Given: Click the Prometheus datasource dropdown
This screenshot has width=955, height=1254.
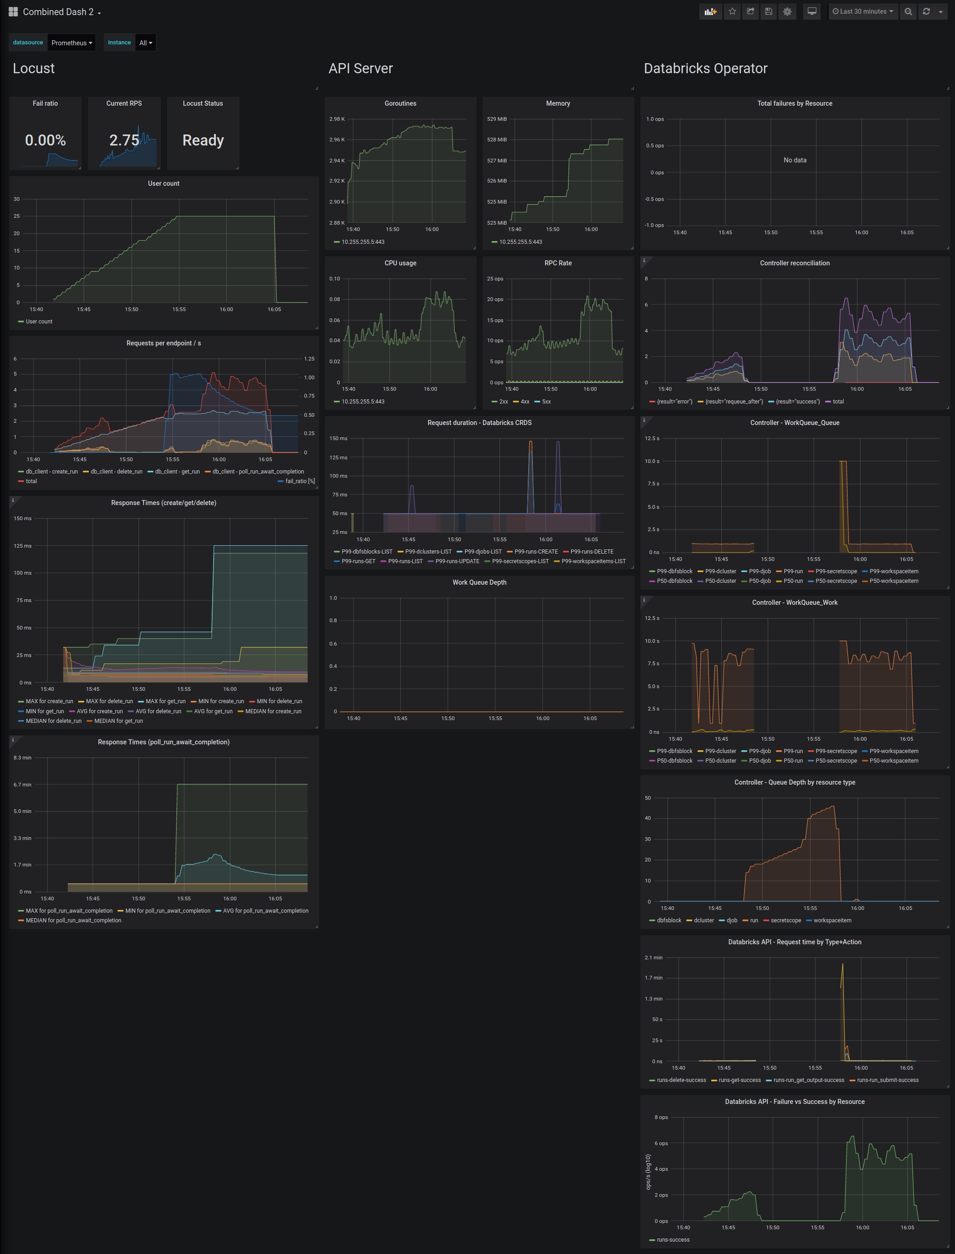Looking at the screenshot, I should click(71, 43).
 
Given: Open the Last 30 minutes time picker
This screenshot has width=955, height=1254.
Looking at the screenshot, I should click(862, 11).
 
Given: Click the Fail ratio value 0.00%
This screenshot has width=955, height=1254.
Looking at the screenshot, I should click(45, 140).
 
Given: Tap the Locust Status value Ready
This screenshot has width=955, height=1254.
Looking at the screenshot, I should click(203, 140).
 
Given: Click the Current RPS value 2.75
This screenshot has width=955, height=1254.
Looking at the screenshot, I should click(124, 140).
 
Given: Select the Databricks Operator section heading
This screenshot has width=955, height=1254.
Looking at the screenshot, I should click(705, 69).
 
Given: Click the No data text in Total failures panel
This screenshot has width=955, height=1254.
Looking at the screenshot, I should click(795, 160).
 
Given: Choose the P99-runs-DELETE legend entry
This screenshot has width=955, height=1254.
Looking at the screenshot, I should click(591, 552).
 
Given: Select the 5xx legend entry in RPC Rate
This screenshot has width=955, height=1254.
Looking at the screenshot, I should click(546, 402).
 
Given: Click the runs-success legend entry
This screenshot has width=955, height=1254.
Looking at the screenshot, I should click(672, 1240).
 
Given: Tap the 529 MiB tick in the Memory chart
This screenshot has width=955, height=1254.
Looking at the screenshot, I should click(497, 119).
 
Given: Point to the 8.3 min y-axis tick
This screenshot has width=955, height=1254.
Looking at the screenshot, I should click(23, 758).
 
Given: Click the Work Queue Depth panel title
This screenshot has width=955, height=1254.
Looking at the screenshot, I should click(479, 583).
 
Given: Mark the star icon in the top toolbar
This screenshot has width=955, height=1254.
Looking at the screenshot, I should click(732, 11).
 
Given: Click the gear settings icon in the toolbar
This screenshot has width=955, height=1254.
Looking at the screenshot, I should click(787, 11).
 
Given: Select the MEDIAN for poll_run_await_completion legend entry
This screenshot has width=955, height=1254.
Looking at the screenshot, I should click(73, 920).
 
